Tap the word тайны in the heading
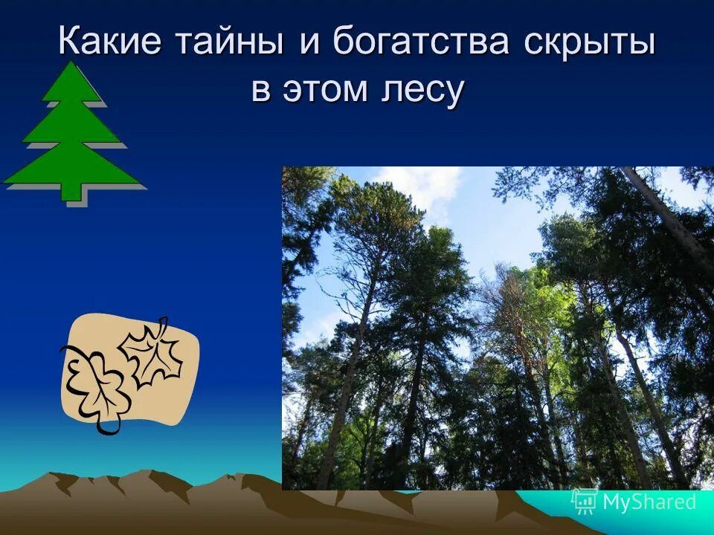pyautogui.click(x=229, y=42)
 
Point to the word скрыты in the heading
pyautogui.click(x=589, y=42)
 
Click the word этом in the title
pyautogui.click(x=329, y=90)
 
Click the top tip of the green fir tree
pyautogui.click(x=71, y=65)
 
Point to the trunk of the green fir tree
pyautogui.click(x=71, y=191)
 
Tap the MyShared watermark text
pyautogui.click(x=649, y=502)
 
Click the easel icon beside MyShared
pyautogui.click(x=584, y=502)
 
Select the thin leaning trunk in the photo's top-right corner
pyautogui.click(x=669, y=215)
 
